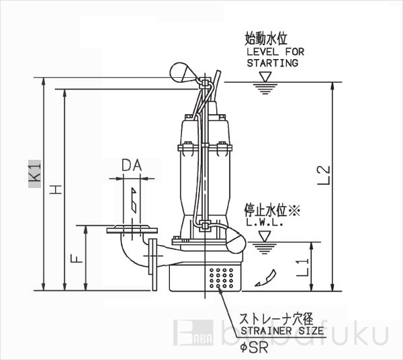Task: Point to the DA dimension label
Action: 132,165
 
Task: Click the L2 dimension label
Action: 323,175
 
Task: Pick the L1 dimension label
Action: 302,267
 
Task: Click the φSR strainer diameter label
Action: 254,348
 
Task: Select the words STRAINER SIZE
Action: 282,330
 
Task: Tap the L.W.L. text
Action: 265,222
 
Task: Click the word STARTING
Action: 273,63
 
